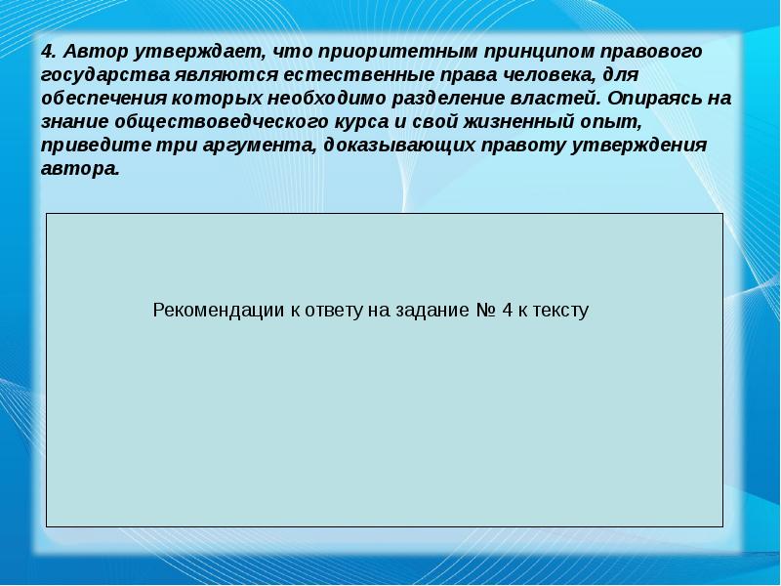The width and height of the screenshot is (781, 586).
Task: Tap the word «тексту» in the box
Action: tap(560, 311)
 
